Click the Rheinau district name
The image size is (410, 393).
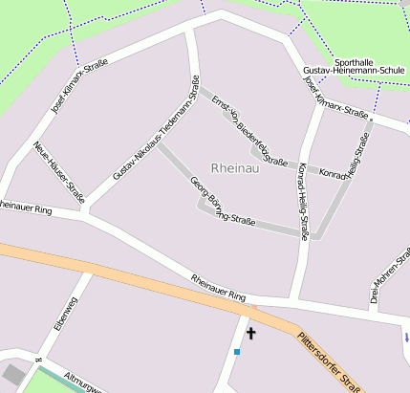[x=234, y=167]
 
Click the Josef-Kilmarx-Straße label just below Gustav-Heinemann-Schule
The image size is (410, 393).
[x=335, y=98]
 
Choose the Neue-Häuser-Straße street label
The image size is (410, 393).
[x=59, y=172]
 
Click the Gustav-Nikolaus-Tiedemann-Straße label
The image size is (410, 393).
[x=156, y=127]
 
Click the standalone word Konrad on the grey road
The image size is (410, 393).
[x=333, y=175]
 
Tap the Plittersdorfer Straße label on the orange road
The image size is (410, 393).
[x=329, y=362]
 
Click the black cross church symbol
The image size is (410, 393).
[x=251, y=333]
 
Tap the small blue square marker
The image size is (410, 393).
[x=237, y=352]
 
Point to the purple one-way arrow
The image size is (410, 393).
[x=406, y=337]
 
